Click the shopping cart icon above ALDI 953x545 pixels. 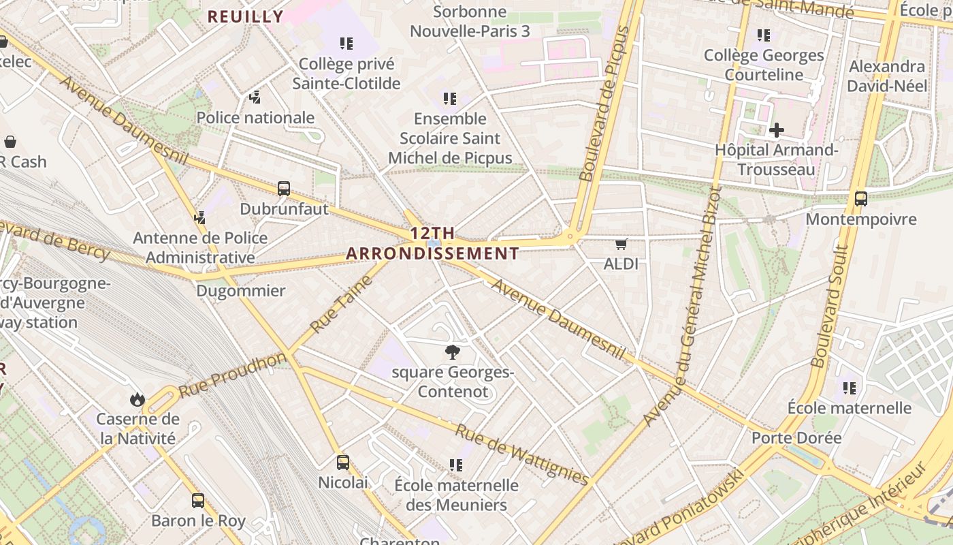[620, 244]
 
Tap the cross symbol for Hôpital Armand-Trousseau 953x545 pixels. [776, 129]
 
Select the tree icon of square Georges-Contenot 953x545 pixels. [451, 352]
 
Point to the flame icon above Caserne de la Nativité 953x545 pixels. [138, 399]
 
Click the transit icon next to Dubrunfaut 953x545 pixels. [284, 189]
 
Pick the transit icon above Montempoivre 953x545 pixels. [861, 199]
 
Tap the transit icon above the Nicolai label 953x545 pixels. [343, 463]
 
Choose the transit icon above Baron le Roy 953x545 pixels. [198, 501]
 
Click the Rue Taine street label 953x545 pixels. [342, 304]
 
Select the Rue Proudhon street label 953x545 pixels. [233, 375]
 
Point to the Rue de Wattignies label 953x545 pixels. [521, 454]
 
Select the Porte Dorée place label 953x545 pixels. [796, 438]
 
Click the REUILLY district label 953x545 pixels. [245, 17]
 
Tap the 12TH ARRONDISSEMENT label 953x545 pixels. [432, 243]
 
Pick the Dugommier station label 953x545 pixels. [241, 291]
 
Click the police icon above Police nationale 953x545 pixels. [255, 97]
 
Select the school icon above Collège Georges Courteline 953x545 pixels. [764, 35]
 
